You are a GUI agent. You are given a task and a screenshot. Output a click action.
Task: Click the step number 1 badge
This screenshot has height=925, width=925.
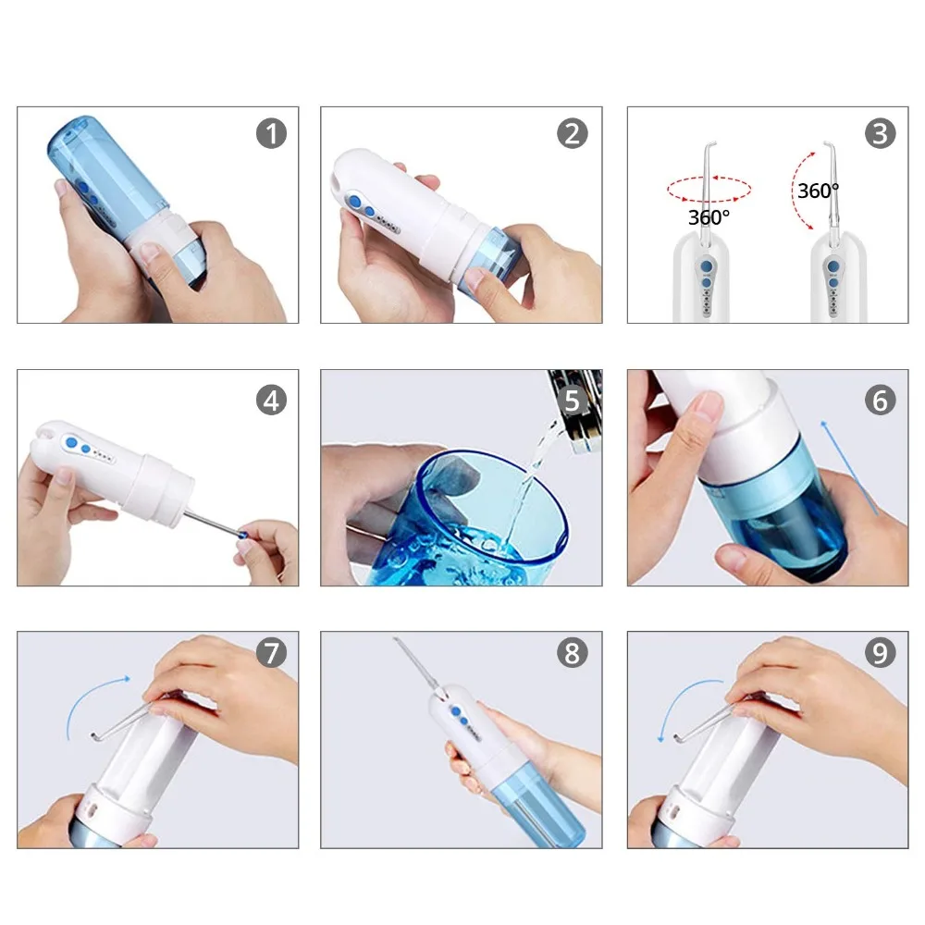click(271, 133)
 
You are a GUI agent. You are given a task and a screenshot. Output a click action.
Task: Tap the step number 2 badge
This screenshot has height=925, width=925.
click(573, 133)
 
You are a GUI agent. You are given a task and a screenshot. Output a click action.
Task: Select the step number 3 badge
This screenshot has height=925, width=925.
click(881, 133)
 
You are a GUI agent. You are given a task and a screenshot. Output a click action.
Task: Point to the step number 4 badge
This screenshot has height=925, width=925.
click(271, 400)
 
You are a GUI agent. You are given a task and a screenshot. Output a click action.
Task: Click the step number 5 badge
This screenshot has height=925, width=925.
click(573, 400)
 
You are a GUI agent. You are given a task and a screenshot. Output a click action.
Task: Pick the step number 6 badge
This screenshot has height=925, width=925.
click(881, 400)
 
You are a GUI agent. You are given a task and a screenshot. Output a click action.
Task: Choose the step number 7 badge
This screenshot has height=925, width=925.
click(271, 653)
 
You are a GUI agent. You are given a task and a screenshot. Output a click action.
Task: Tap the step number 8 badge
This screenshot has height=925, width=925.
click(573, 653)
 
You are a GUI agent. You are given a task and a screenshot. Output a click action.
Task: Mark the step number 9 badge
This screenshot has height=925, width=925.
click(881, 653)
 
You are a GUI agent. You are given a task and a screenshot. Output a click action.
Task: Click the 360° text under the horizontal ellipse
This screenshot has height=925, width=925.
click(709, 217)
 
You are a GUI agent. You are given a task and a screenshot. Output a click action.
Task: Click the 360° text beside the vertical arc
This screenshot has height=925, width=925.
click(818, 191)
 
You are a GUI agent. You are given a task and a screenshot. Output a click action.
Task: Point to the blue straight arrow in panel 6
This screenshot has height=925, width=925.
click(849, 468)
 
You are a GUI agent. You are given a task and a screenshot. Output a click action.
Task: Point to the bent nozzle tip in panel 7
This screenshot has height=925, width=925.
click(94, 735)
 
